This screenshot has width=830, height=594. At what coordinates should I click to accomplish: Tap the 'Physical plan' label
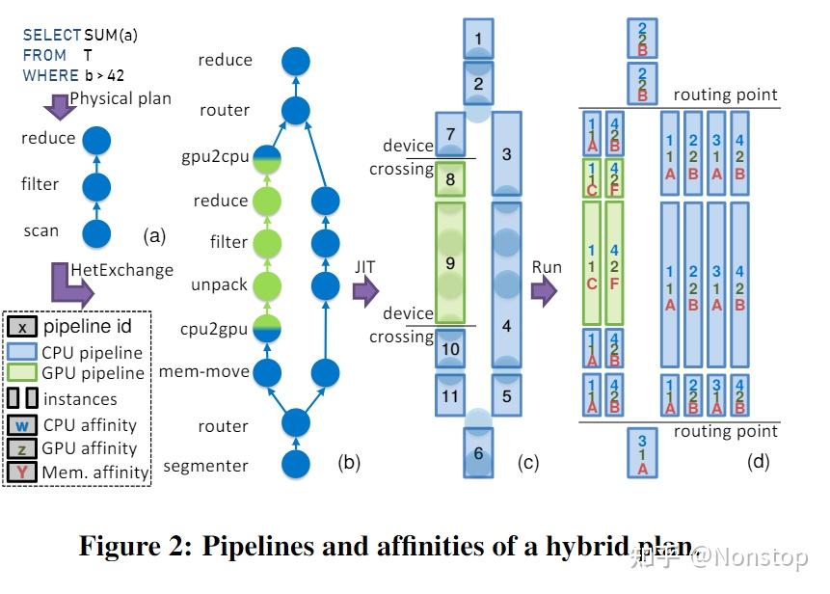120,98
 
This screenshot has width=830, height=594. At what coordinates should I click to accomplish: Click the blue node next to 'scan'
96,232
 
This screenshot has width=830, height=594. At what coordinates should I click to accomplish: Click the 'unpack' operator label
221,285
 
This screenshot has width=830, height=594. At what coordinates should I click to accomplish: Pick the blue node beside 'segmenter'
295,465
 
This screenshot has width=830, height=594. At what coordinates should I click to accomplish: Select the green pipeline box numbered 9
451,261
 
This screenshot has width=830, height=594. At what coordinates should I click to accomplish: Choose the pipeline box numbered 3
507,153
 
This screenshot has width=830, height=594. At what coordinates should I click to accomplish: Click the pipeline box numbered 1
479,40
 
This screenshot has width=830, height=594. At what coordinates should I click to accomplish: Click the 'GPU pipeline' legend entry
93,373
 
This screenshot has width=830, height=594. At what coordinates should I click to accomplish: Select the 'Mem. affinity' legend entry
94,472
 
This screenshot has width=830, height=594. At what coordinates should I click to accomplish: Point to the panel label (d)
759,463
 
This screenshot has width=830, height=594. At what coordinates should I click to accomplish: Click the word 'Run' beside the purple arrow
548,267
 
